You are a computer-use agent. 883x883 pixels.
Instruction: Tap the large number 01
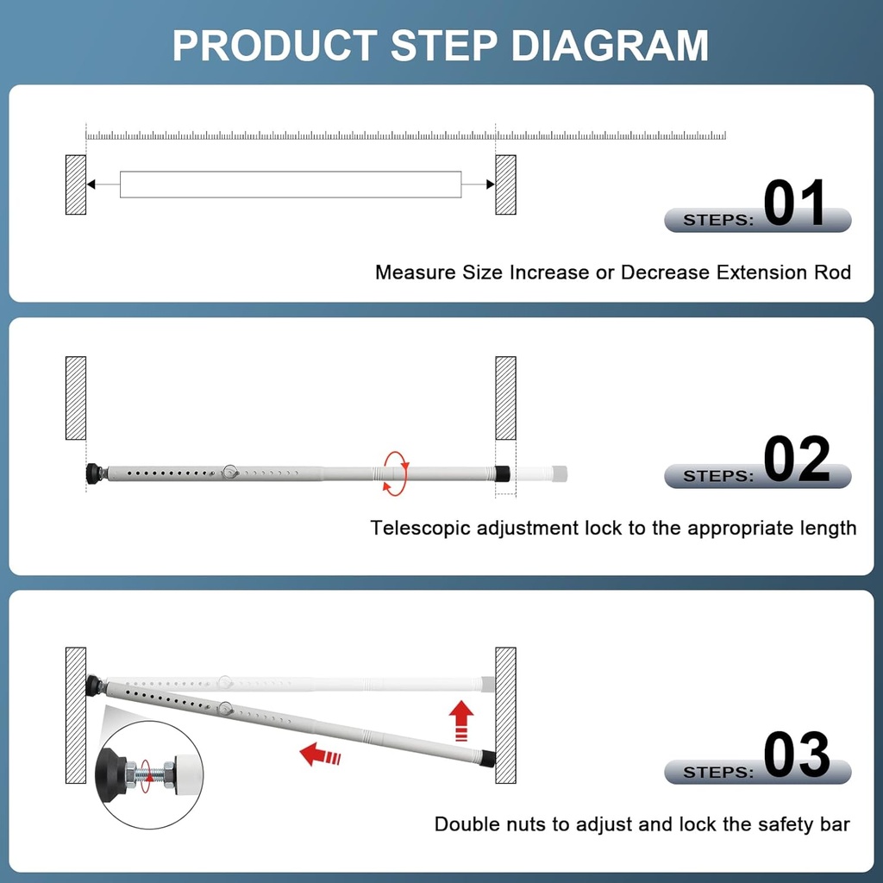(794, 204)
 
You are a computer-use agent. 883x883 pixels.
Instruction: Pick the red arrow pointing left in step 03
(320, 756)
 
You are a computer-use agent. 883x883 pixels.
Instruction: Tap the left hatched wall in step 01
(76, 185)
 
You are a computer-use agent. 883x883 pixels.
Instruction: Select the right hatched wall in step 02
(505, 398)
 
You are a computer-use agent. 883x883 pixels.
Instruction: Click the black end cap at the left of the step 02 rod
(93, 473)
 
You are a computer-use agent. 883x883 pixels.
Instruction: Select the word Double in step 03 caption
(466, 824)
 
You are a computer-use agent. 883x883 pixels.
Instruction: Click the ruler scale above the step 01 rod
(405, 135)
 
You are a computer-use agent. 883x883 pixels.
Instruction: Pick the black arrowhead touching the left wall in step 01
(91, 185)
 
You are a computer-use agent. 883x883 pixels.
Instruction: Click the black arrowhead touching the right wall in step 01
(490, 185)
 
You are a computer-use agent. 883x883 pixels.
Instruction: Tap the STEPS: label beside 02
(717, 476)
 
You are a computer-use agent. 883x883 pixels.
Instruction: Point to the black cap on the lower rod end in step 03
(488, 759)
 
